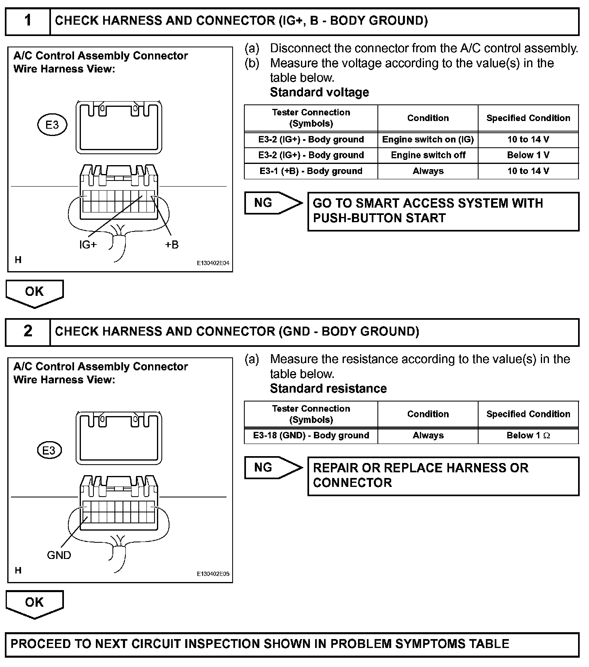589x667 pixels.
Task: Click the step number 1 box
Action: click(28, 21)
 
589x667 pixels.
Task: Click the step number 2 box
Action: click(28, 331)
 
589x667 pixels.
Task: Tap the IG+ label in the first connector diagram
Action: click(88, 244)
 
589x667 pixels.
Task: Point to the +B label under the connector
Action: click(172, 244)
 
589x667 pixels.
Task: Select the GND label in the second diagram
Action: click(59, 555)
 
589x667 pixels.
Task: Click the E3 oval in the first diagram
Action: click(52, 125)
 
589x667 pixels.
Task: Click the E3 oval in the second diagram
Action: click(49, 450)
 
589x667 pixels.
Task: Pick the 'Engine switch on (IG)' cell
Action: click(428, 140)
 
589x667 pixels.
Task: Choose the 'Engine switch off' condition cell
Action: click(428, 155)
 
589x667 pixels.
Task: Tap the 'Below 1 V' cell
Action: click(528, 155)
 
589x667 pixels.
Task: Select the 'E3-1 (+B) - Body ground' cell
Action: click(311, 171)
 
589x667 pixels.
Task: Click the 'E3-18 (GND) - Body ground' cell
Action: click(311, 435)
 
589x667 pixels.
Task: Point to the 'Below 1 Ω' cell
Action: click(528, 435)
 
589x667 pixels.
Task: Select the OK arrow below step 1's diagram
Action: click(34, 293)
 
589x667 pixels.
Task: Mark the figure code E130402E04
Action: click(213, 263)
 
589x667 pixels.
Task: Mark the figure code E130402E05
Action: click(213, 574)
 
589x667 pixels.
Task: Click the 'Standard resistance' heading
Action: click(328, 389)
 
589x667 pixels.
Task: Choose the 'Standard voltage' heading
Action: click(319, 92)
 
